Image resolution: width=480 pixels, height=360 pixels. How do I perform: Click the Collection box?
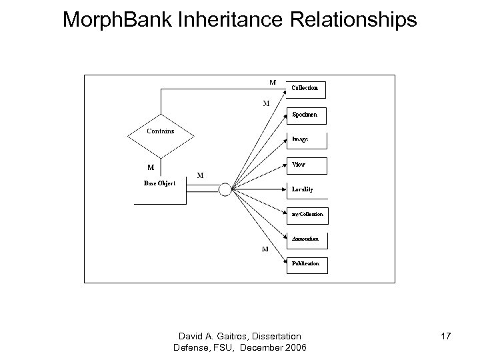coord(307,89)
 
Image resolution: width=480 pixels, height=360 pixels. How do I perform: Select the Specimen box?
coord(307,115)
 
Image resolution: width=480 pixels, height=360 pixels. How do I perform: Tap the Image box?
coord(307,139)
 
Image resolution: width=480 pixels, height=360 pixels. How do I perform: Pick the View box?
coord(307,164)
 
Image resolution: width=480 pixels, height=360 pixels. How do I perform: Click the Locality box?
coord(307,189)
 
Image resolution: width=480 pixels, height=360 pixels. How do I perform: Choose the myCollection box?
coord(307,214)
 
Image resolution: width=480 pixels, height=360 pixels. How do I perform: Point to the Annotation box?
coord(307,239)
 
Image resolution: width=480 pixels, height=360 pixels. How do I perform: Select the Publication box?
coord(307,264)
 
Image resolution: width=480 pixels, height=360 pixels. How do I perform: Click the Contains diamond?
coord(161,132)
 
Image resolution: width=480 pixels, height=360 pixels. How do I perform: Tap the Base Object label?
coord(160,183)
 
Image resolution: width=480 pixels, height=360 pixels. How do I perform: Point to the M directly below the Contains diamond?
coord(151,168)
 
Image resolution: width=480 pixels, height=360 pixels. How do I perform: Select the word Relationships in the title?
coord(355,20)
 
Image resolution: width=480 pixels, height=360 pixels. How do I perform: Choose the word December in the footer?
coord(261,347)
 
